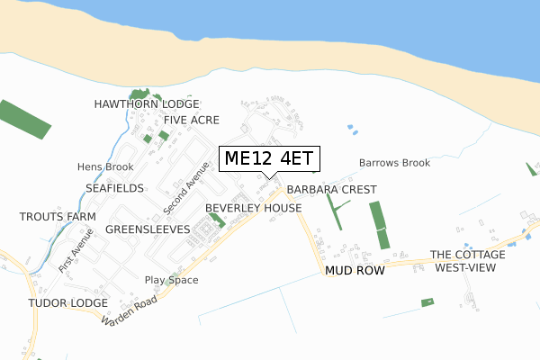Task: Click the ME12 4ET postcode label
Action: [x=267, y=158]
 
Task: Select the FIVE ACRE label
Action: [x=192, y=120]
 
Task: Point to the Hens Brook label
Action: [x=105, y=167]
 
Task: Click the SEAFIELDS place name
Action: [x=114, y=188]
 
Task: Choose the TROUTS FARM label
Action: [x=58, y=218]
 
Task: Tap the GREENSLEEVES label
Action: [x=148, y=229]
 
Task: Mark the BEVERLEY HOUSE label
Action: [x=253, y=208]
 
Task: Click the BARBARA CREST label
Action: [x=331, y=190]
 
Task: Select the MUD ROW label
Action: [x=355, y=270]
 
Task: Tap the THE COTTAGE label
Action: [x=467, y=255]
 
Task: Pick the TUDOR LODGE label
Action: [x=67, y=302]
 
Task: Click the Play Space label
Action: [x=171, y=280]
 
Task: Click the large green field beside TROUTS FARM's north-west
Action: [x=23, y=119]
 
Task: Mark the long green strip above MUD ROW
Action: [x=380, y=225]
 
